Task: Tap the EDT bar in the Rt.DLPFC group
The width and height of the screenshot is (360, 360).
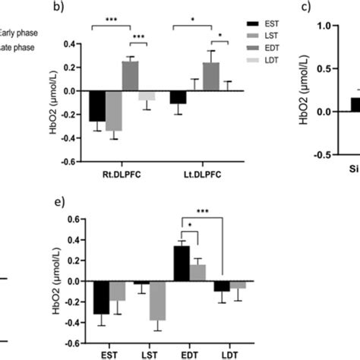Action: click(x=131, y=76)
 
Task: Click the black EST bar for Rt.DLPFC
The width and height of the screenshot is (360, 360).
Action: click(x=97, y=106)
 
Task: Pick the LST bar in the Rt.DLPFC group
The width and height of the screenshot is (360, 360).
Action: click(x=114, y=111)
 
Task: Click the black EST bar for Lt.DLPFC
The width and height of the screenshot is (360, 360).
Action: click(x=177, y=97)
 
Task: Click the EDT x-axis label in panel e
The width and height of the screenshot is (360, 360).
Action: click(x=188, y=352)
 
